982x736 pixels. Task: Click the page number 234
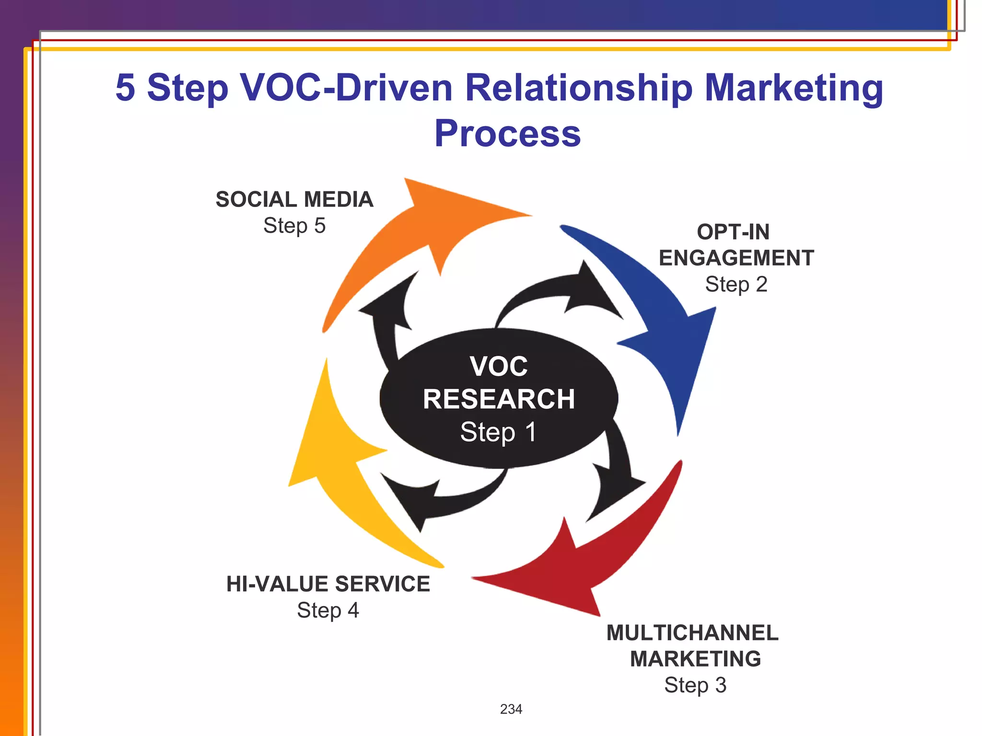tap(511, 709)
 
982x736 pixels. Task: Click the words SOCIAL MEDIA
tap(294, 199)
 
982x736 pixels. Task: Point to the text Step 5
tap(294, 226)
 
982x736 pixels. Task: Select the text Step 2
tap(736, 284)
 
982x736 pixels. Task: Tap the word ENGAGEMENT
tap(736, 258)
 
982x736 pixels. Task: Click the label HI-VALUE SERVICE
tap(328, 584)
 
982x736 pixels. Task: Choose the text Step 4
tap(328, 610)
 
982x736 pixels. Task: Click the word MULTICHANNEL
tap(692, 633)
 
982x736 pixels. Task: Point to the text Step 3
tap(695, 685)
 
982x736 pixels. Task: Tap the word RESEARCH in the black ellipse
tap(499, 399)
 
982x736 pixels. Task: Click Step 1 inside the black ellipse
tap(499, 432)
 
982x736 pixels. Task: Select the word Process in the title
tap(507, 134)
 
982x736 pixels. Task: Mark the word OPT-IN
tap(733, 232)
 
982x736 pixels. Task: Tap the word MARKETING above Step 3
tap(695, 659)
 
